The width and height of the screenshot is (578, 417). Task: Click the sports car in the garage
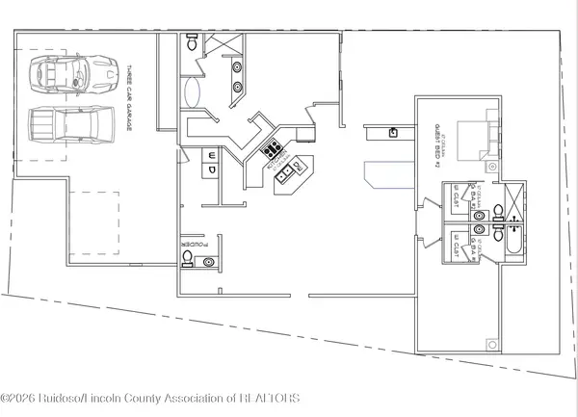(x=61, y=72)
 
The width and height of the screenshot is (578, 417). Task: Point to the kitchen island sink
(x=286, y=173)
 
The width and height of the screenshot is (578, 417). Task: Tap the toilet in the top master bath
(x=191, y=42)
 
